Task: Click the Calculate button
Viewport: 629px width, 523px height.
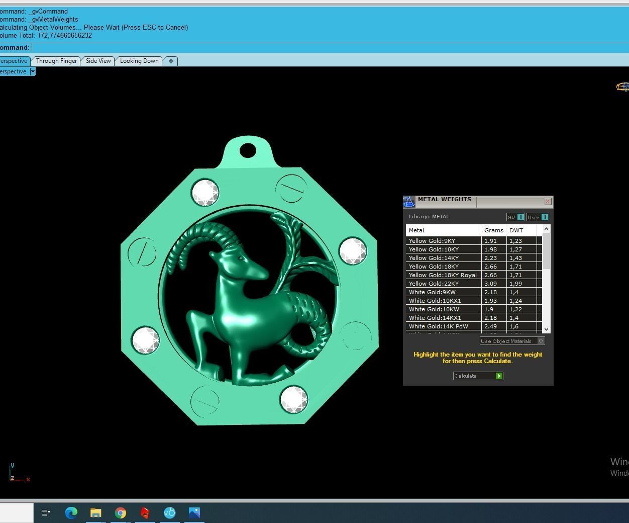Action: coord(477,376)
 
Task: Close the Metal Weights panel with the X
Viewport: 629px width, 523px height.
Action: coord(548,201)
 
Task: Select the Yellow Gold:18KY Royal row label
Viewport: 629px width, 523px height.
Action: coord(443,275)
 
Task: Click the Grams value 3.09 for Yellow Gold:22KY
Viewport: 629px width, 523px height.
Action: coord(490,284)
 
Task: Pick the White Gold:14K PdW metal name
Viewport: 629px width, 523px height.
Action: coord(438,326)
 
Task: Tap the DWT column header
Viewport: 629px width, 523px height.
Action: coord(516,230)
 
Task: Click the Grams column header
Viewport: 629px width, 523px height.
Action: coord(493,230)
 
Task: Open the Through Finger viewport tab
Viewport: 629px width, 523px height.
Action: coord(56,61)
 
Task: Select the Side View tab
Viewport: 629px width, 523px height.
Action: coord(98,61)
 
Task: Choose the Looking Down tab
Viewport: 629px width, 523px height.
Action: coord(139,61)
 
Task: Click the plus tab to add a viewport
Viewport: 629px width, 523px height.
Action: coord(171,61)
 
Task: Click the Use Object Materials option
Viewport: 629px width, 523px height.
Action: coord(511,341)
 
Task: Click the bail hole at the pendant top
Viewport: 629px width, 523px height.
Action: coord(248,150)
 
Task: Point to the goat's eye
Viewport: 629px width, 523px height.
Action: coord(242,258)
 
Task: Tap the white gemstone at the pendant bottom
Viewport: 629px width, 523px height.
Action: coord(293,399)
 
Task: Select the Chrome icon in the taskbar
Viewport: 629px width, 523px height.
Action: coord(121,513)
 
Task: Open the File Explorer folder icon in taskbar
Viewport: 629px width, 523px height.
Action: coord(95,513)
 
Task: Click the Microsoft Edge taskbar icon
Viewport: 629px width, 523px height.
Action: coord(71,513)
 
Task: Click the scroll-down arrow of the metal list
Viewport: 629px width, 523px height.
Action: coord(546,329)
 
